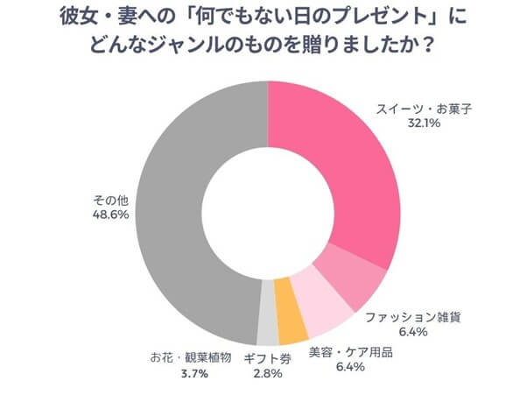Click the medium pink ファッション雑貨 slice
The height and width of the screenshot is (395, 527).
tap(355, 272)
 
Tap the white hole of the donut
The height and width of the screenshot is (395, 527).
tap(267, 210)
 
